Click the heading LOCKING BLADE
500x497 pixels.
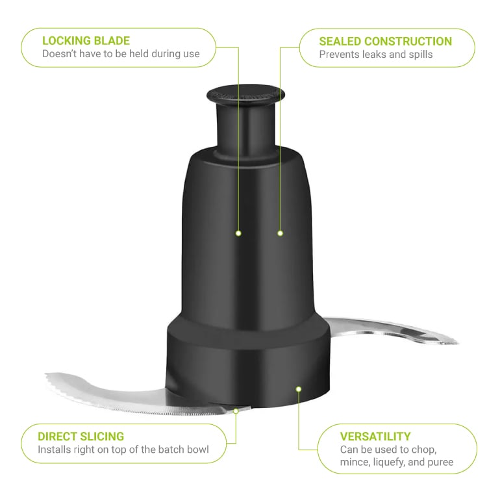[86, 41]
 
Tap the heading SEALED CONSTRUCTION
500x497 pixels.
[386, 42]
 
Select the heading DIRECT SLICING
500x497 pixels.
[81, 437]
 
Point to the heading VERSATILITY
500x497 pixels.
[375, 437]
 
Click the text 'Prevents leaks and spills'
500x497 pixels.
[376, 55]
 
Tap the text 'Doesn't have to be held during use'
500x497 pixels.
[121, 54]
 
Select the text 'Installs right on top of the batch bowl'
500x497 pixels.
[123, 450]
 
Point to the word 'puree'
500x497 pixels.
[440, 463]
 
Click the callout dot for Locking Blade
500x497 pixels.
[238, 233]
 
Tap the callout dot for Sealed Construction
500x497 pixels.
[281, 233]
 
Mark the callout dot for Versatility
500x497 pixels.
[299, 389]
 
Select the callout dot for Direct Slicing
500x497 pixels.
[236, 411]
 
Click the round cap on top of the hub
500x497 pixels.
[245, 94]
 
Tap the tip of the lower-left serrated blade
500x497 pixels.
[45, 374]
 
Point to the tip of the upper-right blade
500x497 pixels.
[458, 342]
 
